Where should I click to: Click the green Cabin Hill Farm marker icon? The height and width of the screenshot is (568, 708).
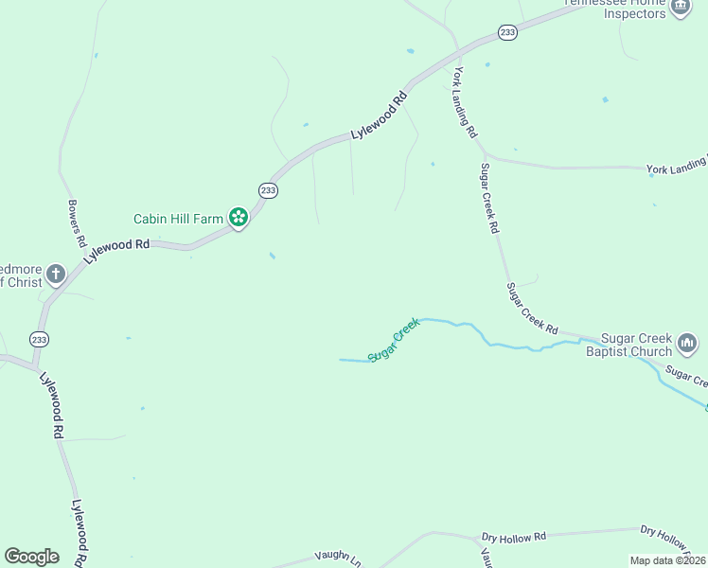click(x=239, y=218)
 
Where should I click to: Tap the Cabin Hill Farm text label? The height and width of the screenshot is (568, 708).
click(x=178, y=219)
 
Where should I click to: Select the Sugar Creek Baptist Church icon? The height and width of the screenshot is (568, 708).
click(x=687, y=342)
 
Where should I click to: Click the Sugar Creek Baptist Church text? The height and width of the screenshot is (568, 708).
click(x=628, y=346)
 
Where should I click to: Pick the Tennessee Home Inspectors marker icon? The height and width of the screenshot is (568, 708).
click(x=680, y=8)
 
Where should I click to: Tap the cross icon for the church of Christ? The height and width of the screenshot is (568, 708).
click(x=56, y=275)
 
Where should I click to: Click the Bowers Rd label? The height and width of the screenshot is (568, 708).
click(x=77, y=222)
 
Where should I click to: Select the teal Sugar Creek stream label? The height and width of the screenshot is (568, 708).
click(x=394, y=340)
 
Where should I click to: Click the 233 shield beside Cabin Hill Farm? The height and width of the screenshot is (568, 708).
click(x=268, y=190)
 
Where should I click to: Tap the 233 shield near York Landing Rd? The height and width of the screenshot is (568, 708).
click(x=508, y=32)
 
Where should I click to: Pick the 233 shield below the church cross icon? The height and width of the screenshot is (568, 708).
click(x=39, y=339)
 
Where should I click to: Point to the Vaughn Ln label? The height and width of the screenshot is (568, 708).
click(x=338, y=558)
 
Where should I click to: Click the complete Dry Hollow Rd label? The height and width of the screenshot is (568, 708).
click(x=514, y=537)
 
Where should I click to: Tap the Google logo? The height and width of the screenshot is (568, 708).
click(x=31, y=556)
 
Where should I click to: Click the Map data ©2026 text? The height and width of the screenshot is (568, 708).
click(x=668, y=560)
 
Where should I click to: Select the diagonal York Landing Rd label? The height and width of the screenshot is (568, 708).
click(x=465, y=103)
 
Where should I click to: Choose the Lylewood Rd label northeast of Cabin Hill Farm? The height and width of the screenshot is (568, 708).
click(x=379, y=115)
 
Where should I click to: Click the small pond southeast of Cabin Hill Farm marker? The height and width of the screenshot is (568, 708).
click(x=273, y=256)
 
